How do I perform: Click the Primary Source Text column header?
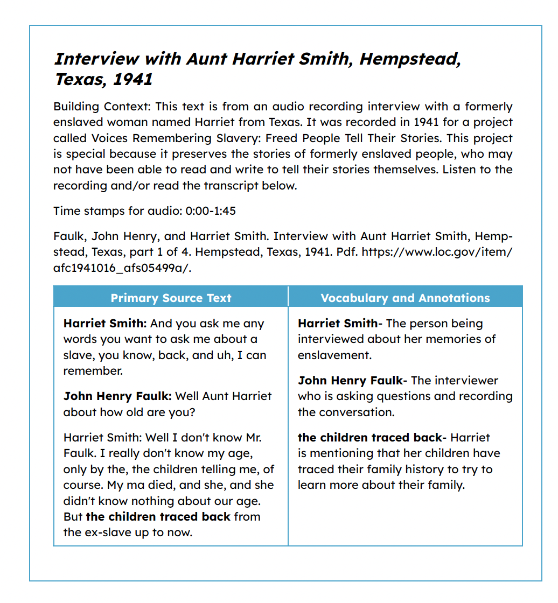tap(171, 298)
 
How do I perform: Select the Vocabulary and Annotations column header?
tap(405, 298)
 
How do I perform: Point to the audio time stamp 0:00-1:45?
tap(211, 211)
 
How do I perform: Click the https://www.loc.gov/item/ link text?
tap(437, 251)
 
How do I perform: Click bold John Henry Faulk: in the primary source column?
tap(117, 396)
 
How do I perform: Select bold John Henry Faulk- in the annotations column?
tap(352, 381)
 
